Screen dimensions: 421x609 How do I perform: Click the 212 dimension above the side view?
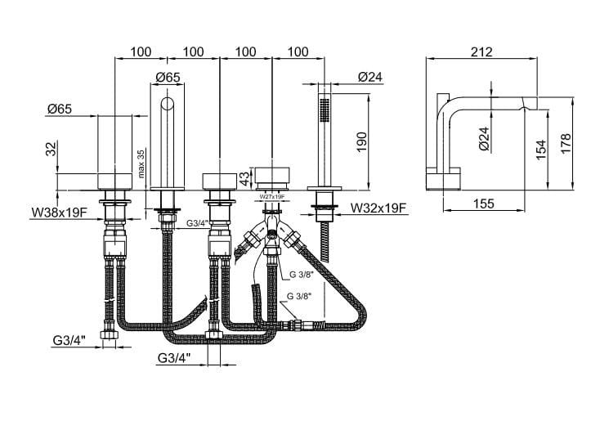pos(481,52)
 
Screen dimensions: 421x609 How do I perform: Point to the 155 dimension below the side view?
pos(483,205)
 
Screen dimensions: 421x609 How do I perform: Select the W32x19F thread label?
pos(378,208)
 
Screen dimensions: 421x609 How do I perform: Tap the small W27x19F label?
pos(271,197)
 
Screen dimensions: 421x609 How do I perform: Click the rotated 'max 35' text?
pos(141,163)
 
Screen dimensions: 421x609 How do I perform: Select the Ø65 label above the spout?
pos(168,78)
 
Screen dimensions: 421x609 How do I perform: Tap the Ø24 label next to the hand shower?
pos(370,78)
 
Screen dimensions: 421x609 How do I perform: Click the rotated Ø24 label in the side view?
pos(483,138)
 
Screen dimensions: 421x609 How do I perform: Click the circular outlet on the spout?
pos(168,104)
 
